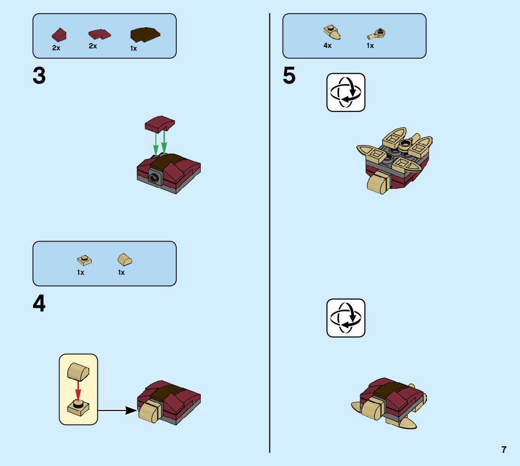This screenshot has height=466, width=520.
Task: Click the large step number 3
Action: click(39, 77)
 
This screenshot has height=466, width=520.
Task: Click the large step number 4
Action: click(39, 304)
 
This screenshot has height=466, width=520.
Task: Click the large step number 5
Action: click(290, 77)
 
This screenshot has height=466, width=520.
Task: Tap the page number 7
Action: click(504, 450)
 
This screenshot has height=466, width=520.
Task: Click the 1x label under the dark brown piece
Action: click(134, 48)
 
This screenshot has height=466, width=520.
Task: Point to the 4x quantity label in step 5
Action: click(327, 46)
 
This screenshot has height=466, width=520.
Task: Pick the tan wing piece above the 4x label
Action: click(332, 32)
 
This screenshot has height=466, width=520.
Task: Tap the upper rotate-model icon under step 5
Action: click(346, 92)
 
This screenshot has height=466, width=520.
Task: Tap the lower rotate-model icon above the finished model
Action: click(346, 318)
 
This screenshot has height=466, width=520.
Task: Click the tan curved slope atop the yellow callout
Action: click(78, 372)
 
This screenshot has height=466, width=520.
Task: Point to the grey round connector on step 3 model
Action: click(154, 177)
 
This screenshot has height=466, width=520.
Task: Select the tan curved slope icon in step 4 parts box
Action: click(125, 259)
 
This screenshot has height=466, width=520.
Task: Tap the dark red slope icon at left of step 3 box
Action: click(59, 34)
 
